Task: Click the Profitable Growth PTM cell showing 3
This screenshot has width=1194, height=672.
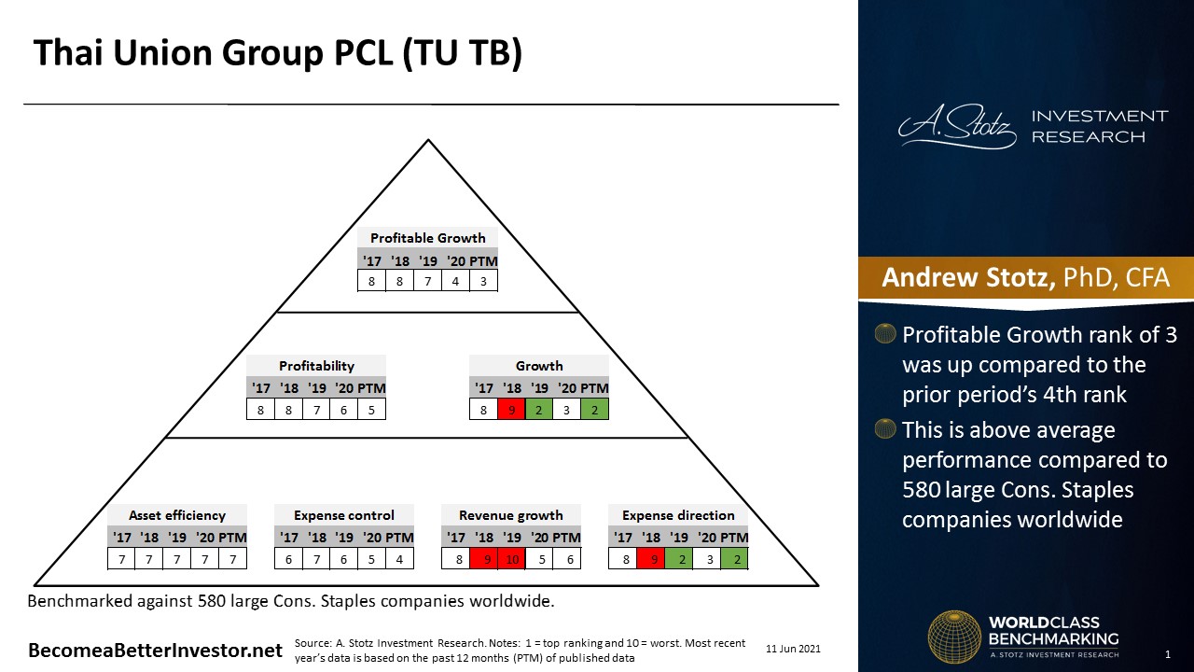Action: click(x=483, y=281)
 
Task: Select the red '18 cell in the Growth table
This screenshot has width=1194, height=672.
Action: click(x=511, y=410)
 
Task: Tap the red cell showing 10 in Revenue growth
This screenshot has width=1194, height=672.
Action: click(x=512, y=559)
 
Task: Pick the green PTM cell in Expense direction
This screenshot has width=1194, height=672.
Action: click(x=734, y=559)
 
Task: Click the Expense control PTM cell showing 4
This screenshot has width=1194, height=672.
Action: click(x=399, y=559)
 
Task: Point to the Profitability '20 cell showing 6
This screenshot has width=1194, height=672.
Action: click(x=344, y=410)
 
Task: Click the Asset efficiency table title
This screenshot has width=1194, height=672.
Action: click(x=177, y=515)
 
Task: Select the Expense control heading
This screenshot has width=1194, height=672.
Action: click(x=344, y=515)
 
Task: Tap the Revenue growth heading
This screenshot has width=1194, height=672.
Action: click(x=510, y=515)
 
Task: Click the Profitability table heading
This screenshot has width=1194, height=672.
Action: click(x=316, y=366)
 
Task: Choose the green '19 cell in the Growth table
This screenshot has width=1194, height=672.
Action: click(x=539, y=410)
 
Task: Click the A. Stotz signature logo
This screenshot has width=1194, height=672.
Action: click(x=957, y=126)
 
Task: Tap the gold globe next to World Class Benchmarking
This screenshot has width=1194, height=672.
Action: click(x=954, y=637)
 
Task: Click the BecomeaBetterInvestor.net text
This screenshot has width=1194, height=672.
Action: click(x=155, y=651)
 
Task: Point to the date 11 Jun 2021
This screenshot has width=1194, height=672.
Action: click(x=793, y=649)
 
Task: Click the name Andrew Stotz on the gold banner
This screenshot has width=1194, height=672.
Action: click(x=968, y=277)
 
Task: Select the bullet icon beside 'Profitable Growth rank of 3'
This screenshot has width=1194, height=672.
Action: click(x=885, y=333)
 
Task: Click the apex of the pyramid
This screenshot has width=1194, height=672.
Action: click(x=428, y=140)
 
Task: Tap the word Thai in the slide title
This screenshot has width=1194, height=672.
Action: click(x=68, y=53)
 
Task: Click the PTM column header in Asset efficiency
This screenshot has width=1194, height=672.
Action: click(x=232, y=538)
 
